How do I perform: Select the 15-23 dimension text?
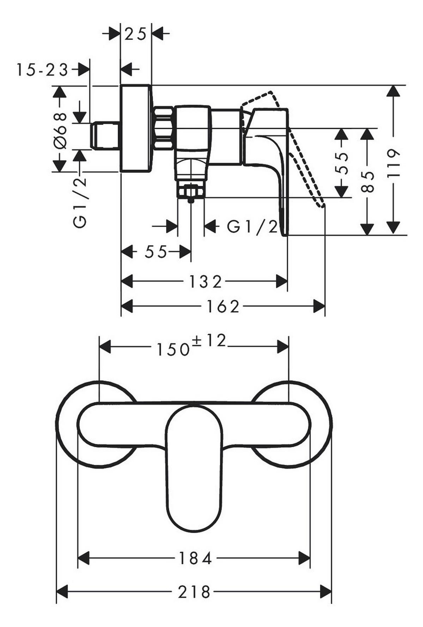(x=42, y=70)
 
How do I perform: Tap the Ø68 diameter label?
(x=60, y=131)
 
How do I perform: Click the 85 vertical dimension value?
(x=368, y=182)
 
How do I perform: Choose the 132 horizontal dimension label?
(x=206, y=282)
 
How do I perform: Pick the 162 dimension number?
(x=223, y=307)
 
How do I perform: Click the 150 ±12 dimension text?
(x=191, y=345)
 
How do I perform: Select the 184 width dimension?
(x=195, y=558)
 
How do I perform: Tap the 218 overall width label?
(x=194, y=592)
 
